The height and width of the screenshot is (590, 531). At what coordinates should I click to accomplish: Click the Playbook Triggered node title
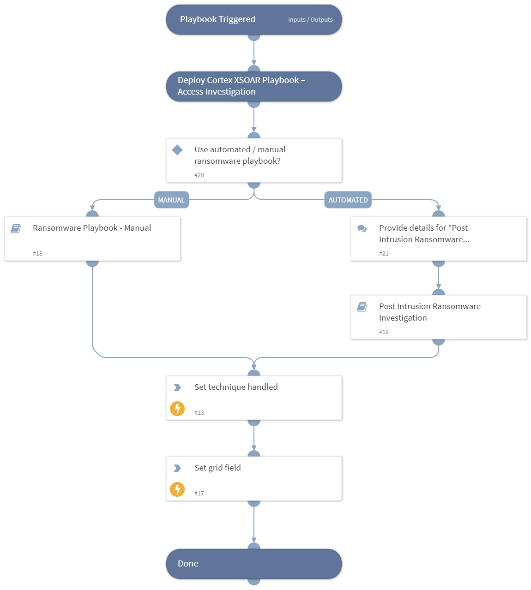(217, 19)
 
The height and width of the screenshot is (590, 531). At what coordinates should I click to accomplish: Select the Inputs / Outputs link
(310, 20)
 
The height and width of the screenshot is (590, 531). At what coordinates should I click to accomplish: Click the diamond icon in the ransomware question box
(177, 150)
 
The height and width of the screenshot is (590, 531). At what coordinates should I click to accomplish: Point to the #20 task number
(199, 175)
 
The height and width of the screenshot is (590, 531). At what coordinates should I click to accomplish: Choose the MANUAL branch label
(171, 200)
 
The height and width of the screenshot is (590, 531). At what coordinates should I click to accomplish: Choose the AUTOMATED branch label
(348, 200)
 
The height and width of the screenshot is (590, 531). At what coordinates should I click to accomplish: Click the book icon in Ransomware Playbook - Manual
(16, 228)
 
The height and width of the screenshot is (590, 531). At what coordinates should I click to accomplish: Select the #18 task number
(37, 254)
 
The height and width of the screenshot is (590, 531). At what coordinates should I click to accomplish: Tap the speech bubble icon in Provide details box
(362, 228)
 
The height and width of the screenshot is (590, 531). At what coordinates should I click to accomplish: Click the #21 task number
(384, 254)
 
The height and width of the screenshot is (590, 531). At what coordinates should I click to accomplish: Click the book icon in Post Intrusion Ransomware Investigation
(362, 307)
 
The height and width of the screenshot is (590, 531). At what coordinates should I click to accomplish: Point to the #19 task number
(384, 332)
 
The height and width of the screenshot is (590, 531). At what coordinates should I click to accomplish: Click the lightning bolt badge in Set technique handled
(177, 409)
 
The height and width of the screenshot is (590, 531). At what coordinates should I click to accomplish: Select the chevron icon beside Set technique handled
(177, 387)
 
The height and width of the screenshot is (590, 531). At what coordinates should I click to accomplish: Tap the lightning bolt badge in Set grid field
(177, 489)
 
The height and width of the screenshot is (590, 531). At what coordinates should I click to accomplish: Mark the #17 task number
(199, 494)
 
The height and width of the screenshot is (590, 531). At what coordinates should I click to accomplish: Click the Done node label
(188, 564)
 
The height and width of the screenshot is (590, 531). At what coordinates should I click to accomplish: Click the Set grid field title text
(217, 468)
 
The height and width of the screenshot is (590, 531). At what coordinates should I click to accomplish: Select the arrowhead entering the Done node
(254, 540)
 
